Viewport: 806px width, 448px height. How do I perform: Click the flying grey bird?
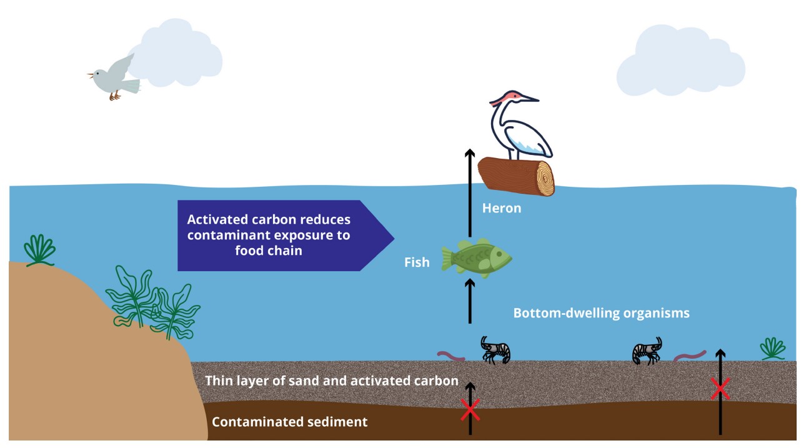116,76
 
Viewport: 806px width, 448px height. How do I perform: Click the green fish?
477,257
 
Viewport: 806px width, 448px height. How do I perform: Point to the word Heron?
501,208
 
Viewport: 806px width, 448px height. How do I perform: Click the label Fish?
417,262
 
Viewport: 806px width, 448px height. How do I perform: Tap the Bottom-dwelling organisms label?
601,313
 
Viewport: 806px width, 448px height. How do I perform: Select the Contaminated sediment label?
290,422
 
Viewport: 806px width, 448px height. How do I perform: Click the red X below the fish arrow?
470,409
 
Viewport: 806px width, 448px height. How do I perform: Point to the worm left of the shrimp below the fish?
451,357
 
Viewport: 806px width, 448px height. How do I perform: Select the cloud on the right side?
680,61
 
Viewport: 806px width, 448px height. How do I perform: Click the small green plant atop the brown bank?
40,251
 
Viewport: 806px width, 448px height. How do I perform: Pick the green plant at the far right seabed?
773,349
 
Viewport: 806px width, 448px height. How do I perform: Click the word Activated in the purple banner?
216,220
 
